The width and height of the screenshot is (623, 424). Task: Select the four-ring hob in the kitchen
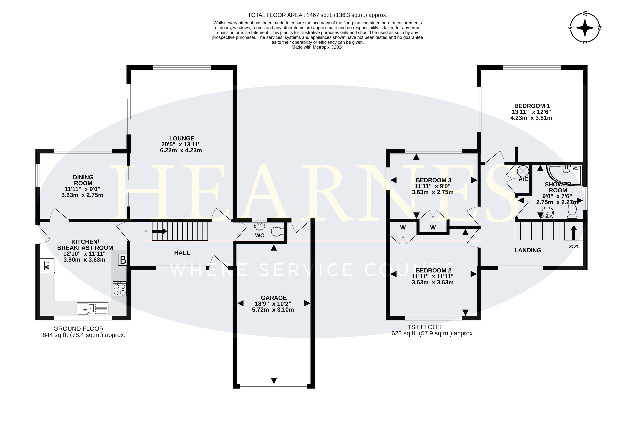[x=120, y=289]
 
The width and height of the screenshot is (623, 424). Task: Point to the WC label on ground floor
[x=260, y=235]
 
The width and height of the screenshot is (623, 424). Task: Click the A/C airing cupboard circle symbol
[x=523, y=171]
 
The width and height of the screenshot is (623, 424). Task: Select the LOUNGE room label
[x=182, y=138]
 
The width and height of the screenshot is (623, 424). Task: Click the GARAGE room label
[x=274, y=298]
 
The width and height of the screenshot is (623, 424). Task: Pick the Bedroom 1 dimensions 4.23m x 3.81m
[x=531, y=118]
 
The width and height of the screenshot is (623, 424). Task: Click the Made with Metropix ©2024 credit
[x=317, y=47]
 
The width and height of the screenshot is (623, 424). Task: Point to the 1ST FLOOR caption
[x=425, y=327]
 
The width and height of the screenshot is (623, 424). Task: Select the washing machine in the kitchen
[x=47, y=265]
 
